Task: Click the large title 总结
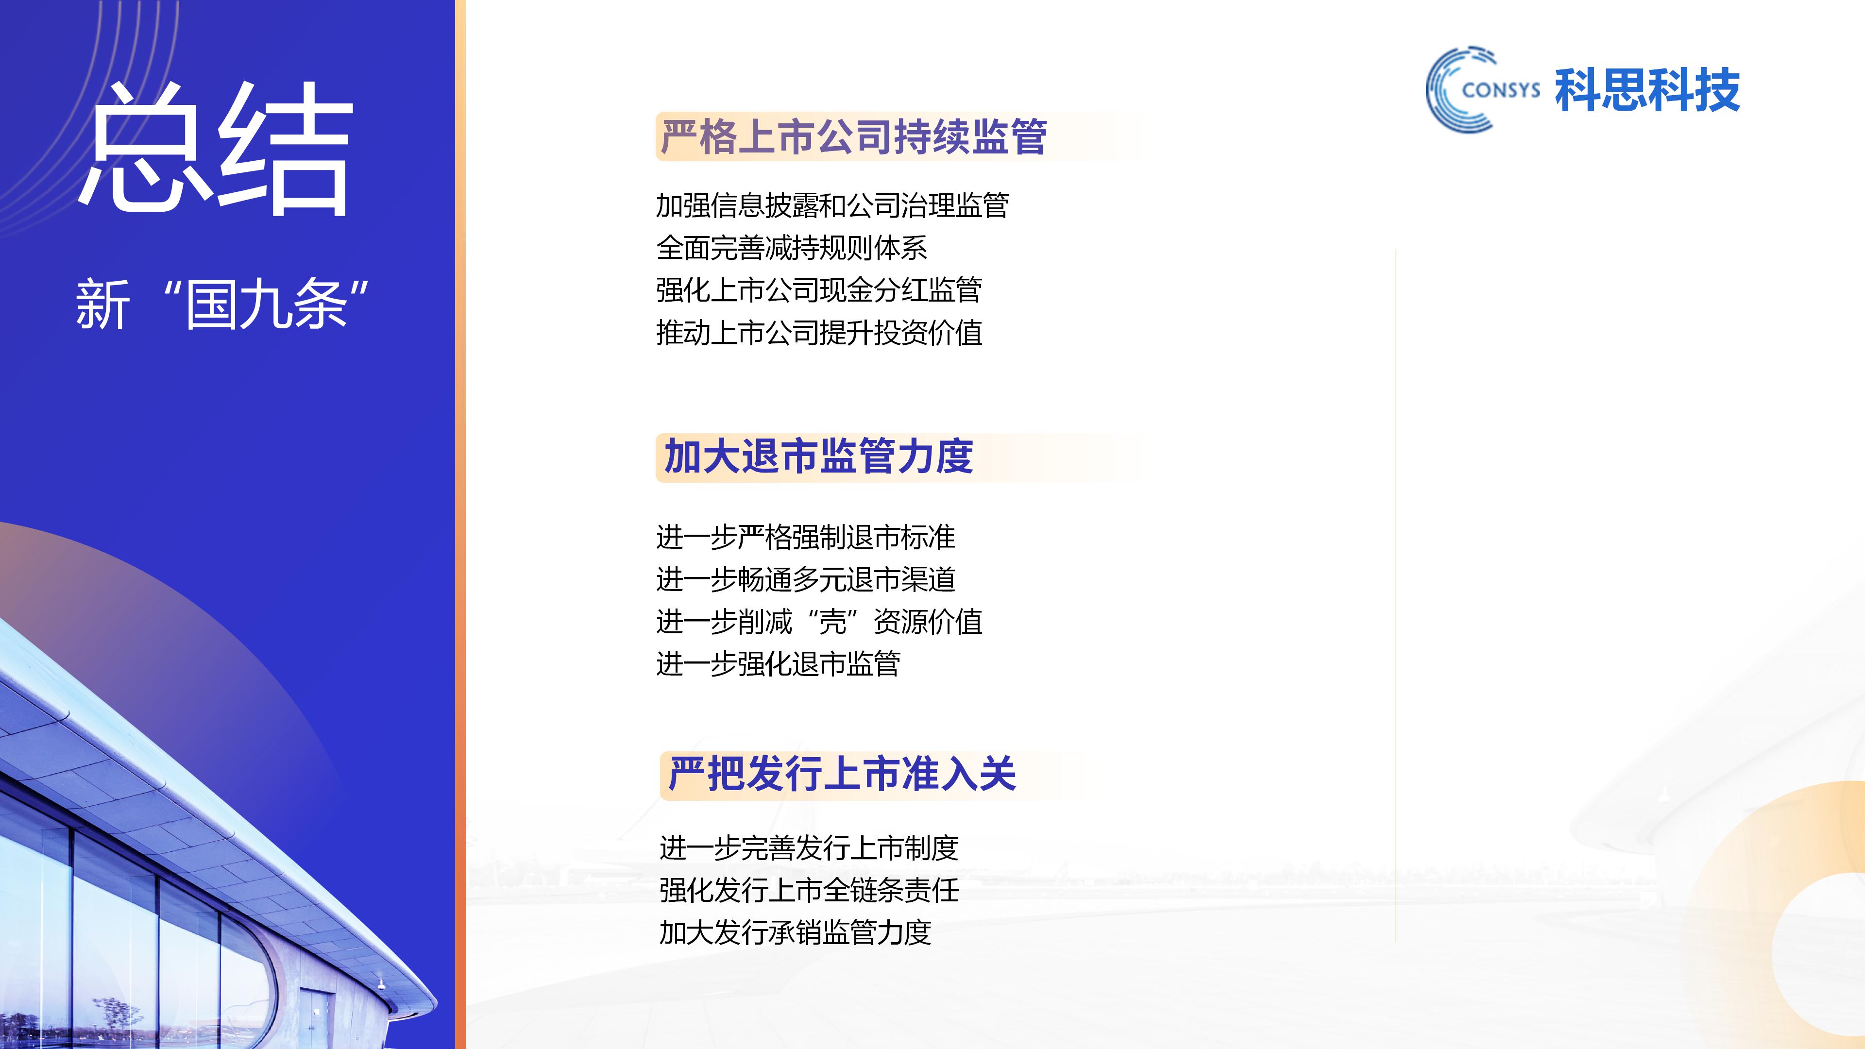tap(216, 149)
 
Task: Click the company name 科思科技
tap(1647, 90)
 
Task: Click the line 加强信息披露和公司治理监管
tap(832, 205)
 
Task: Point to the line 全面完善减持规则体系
tap(791, 248)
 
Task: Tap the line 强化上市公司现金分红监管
tap(819, 290)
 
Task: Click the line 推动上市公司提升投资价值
tap(819, 333)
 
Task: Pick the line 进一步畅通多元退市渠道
tap(805, 580)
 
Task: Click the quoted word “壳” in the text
tap(832, 622)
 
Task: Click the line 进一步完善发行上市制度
tap(809, 848)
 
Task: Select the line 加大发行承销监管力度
tap(795, 932)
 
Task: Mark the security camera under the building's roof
tap(381, 984)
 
